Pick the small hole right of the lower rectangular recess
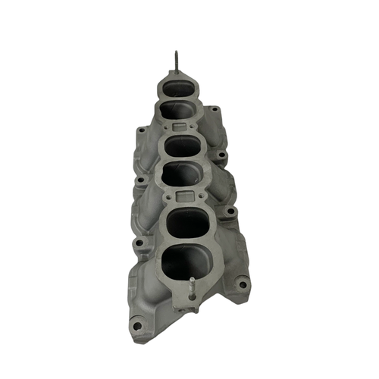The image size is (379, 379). click(x=205, y=196)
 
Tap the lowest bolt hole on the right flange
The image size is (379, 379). click(x=242, y=284)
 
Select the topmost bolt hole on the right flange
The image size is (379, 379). click(x=215, y=109)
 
